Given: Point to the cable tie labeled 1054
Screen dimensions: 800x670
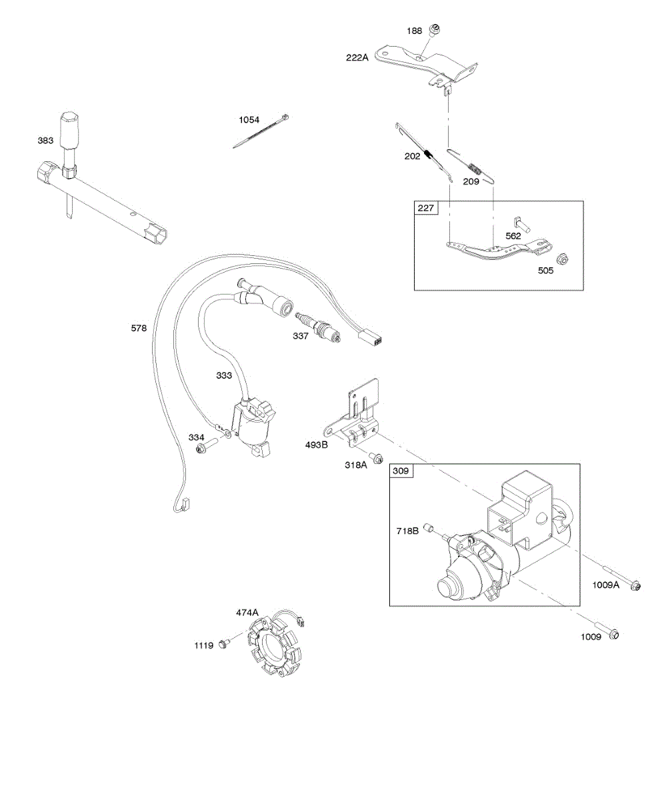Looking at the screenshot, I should pos(261,131).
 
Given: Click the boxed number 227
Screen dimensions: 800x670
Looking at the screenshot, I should pos(426,208).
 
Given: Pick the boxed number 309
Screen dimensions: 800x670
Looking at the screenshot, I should pos(401,471).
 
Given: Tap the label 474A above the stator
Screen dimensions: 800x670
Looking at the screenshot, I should pos(247,611).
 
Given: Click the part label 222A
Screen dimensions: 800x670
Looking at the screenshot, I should pos(357,57).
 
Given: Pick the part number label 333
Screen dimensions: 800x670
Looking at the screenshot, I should pos(224,375).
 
